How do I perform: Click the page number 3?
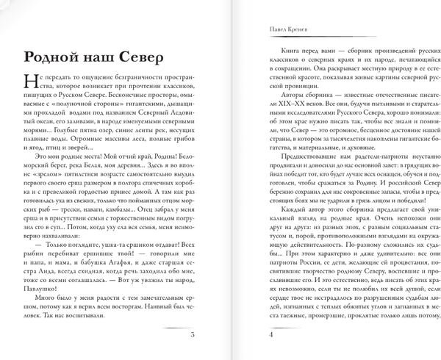(x=191, y=336)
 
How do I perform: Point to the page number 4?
(x=271, y=336)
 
